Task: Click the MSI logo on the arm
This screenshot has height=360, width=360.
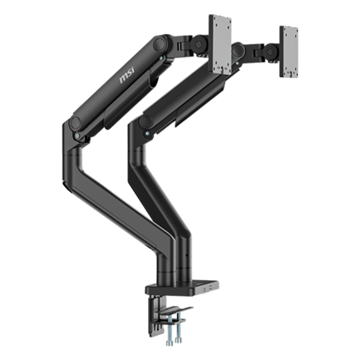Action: (127, 75)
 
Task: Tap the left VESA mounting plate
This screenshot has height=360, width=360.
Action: (220, 44)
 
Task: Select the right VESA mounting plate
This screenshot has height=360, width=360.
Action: (288, 52)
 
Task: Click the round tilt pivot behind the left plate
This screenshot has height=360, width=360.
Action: (198, 44)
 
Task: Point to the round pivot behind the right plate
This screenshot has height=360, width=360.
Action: (270, 52)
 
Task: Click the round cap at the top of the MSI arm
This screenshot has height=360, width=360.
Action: (159, 44)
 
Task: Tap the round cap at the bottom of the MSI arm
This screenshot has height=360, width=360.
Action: (76, 123)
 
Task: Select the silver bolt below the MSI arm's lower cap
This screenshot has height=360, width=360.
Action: (77, 136)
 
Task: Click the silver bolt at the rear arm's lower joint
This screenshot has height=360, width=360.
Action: (147, 134)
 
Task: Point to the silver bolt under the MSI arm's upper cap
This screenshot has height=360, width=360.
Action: (161, 58)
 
